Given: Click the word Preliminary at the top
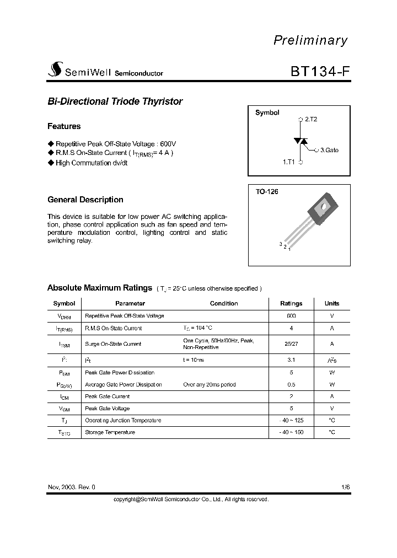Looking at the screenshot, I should tap(311, 40).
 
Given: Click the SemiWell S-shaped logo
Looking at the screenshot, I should tap(54, 71).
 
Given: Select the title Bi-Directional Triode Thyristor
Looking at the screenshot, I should tap(115, 101).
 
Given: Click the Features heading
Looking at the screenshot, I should tap(64, 126).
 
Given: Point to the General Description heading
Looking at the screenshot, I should tap(85, 200).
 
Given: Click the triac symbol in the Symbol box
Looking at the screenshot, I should tap(301, 141).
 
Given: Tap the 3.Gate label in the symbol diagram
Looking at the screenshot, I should tap(329, 150).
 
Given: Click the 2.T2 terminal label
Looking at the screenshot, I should tap(311, 119).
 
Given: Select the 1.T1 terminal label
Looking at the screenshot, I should tap(289, 163).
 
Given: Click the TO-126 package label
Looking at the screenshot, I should tap(267, 192).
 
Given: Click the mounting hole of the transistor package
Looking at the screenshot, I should tap(322, 209).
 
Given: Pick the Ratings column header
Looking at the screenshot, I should tap(291, 303).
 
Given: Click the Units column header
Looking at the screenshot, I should tap(332, 303).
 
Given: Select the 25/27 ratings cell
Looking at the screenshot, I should tap(291, 344).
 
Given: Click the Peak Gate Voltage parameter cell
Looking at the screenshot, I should tap(108, 409).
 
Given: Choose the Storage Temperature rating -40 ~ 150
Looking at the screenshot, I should tap(291, 432).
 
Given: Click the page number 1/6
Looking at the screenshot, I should tap(345, 487).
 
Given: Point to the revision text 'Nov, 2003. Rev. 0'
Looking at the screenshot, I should tap(72, 487).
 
